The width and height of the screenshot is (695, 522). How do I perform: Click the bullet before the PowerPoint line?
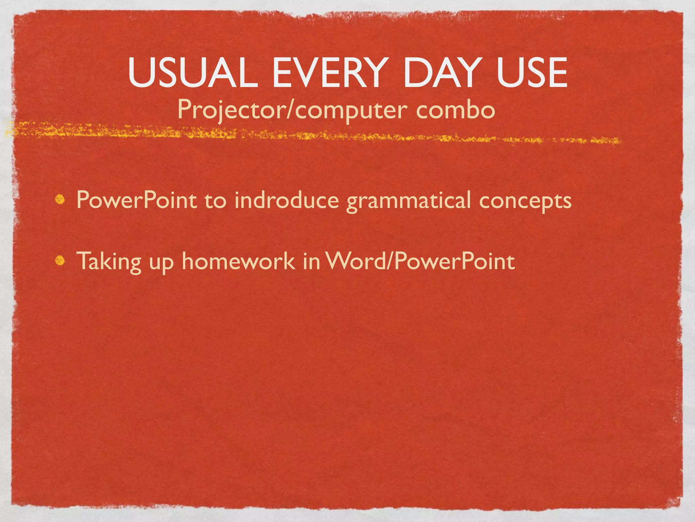pos(60,200)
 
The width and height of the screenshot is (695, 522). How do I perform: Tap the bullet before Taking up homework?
pos(60,261)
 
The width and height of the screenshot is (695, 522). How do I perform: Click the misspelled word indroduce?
pos(287,200)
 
